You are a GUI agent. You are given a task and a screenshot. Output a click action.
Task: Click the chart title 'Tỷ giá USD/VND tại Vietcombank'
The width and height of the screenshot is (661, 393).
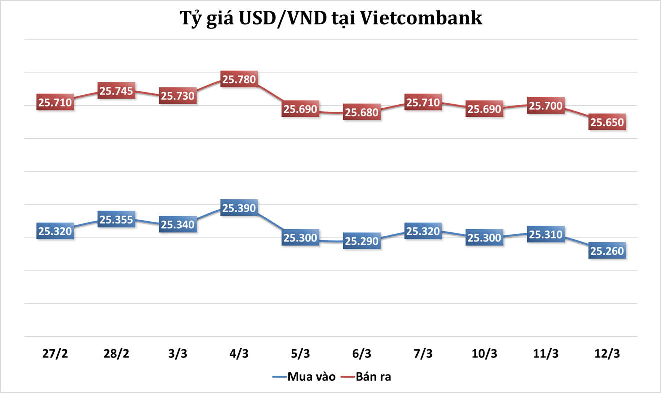(x=331, y=19)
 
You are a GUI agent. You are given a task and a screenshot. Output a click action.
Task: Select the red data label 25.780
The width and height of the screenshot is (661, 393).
(x=239, y=79)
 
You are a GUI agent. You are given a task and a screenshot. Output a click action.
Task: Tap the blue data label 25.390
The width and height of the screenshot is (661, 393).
(x=239, y=208)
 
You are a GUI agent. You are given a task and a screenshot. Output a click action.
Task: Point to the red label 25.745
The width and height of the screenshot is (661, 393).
(x=116, y=91)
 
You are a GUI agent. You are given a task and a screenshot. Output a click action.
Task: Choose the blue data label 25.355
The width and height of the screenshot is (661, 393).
(x=116, y=219)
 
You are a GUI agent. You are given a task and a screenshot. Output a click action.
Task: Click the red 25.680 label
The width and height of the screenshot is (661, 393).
(x=362, y=112)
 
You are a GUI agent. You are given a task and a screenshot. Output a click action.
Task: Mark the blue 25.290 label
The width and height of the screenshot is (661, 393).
(x=362, y=241)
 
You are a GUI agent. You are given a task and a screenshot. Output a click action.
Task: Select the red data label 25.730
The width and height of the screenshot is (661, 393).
(x=178, y=96)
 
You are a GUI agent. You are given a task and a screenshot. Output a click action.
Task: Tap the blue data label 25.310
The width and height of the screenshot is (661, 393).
(x=546, y=234)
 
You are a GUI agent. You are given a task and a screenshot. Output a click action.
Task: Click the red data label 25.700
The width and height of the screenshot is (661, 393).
(x=546, y=106)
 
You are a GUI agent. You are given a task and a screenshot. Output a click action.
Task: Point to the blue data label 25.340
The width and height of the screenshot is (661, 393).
(x=178, y=224)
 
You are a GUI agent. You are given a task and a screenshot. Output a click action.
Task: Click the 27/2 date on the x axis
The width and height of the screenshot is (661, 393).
(x=55, y=353)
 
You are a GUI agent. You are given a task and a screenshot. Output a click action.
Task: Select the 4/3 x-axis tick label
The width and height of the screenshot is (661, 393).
(x=239, y=353)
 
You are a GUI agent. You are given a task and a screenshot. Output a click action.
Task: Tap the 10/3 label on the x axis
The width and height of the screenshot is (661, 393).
(x=484, y=353)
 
